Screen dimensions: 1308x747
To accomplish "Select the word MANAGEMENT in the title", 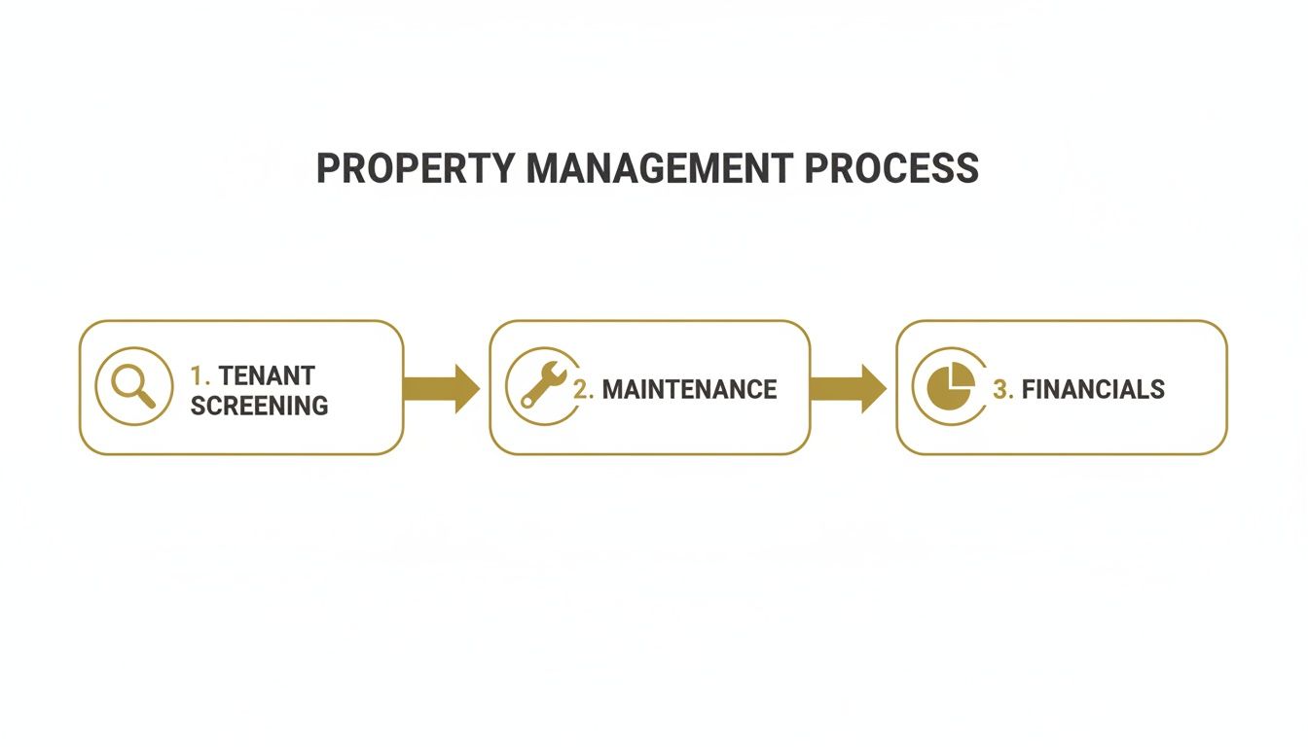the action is [x=659, y=168].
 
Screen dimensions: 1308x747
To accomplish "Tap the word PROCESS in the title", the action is [x=891, y=168].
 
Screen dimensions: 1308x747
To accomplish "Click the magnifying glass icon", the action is [x=133, y=386].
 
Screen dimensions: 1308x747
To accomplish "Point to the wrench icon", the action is [x=542, y=385].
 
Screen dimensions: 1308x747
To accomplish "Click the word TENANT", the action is [x=267, y=375].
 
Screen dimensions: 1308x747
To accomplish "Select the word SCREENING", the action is [x=259, y=406].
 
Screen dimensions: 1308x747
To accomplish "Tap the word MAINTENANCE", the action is [x=689, y=390].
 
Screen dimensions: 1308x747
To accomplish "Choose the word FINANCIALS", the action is [x=1093, y=390].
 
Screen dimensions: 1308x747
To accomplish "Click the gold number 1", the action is [x=199, y=375].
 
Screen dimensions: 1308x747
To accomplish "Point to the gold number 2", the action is [x=582, y=390].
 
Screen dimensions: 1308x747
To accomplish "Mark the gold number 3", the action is [x=1001, y=390].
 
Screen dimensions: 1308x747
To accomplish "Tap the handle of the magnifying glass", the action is [x=146, y=399].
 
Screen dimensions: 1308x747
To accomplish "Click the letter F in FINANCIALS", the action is [x=1029, y=390].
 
